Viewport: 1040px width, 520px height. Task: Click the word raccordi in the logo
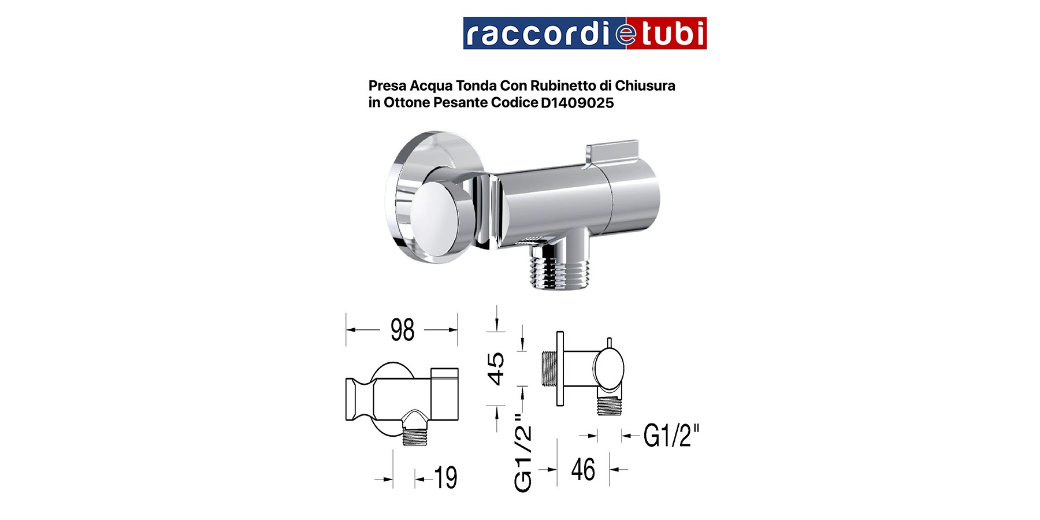click(x=537, y=34)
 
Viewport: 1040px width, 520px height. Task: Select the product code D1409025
click(x=577, y=103)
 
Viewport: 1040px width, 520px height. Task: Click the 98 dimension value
click(x=402, y=330)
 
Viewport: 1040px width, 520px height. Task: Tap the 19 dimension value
click(x=445, y=478)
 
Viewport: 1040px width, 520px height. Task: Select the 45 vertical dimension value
click(x=496, y=369)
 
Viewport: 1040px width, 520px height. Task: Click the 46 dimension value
click(x=583, y=469)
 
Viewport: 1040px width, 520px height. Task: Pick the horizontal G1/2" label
click(x=671, y=436)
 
